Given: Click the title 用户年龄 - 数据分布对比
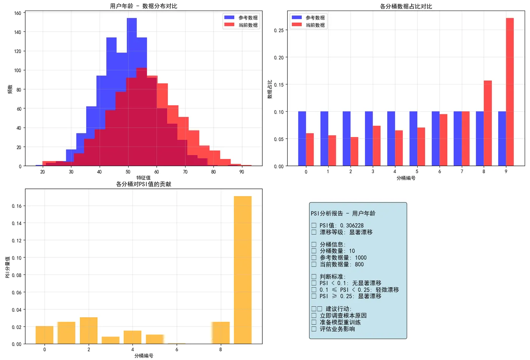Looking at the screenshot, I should coord(143,6).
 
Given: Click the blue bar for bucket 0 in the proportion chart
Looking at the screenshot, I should coord(302,139).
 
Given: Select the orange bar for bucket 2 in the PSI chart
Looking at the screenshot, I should coord(89,330).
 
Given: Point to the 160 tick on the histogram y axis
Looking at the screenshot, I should coord(17,13).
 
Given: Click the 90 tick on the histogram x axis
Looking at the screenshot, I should coord(242,172).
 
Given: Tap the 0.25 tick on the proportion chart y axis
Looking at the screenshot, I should coord(279,30).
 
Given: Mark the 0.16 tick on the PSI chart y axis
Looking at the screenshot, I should coord(17,206).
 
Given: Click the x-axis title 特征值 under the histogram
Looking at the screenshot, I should coord(143,178).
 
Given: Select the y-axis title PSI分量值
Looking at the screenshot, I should coord(8,267).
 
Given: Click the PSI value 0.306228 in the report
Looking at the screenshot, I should coord(352,226).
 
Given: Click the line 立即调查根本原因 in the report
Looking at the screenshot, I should coord(343,316).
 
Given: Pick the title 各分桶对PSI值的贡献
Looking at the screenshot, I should coord(143,184).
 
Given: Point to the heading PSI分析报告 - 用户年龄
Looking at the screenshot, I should coord(343,214).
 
